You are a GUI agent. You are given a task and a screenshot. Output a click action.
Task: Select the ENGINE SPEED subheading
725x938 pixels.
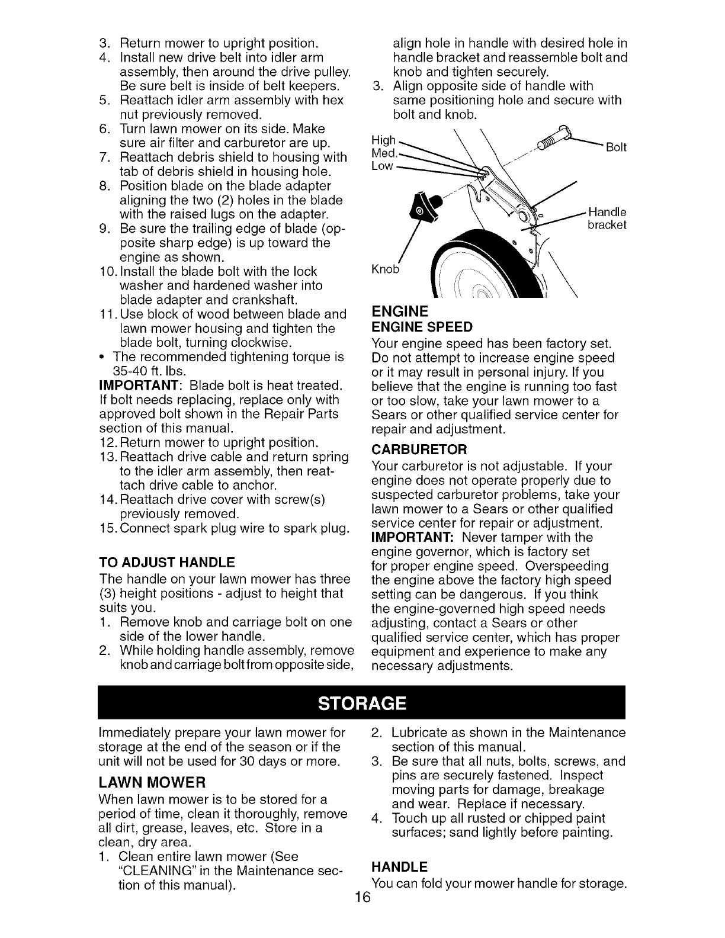pos(422,327)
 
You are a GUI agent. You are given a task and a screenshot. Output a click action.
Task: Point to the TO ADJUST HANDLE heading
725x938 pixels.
pos(167,562)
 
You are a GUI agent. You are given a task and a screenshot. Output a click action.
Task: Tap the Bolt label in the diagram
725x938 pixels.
pos(616,147)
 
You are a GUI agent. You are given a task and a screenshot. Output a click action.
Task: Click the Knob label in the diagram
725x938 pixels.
pos(385,270)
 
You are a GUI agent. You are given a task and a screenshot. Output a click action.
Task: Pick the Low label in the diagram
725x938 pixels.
pos(382,166)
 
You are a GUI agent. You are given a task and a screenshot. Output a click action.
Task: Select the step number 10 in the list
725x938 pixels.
pos(108,272)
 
